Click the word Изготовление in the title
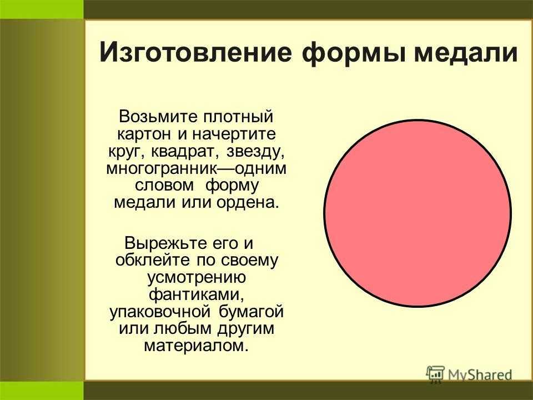(196, 52)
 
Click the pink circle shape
(418, 213)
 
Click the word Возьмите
(158, 117)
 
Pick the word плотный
(238, 117)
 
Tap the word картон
(144, 134)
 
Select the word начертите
(234, 134)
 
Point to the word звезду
(255, 152)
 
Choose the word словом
(164, 186)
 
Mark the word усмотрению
(196, 278)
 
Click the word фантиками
(197, 294)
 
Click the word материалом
(194, 346)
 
